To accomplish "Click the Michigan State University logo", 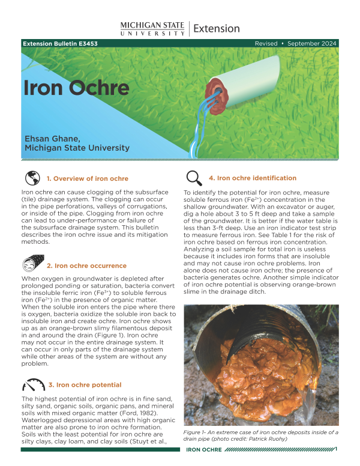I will pos(152,28).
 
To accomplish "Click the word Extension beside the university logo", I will pos(217,28).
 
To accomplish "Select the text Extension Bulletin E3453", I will pos(60,44).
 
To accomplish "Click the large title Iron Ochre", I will pos(76,88).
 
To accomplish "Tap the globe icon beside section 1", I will pos(32,178).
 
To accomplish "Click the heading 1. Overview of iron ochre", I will pos(95,179).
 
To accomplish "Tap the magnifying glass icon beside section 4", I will pos(194,178).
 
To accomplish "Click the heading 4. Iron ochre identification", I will pos(252,178).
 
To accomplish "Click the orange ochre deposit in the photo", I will pos(252,378).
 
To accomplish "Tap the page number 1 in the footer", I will pos(336,449).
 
